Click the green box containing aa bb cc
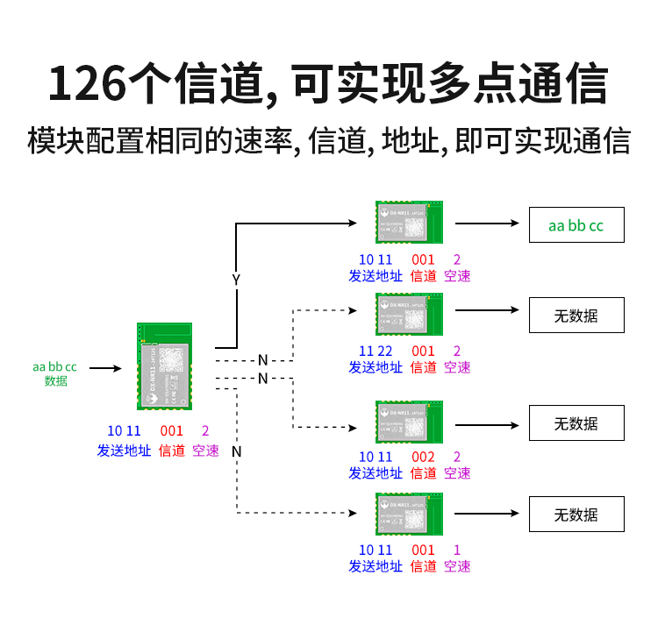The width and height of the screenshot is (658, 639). [576, 225]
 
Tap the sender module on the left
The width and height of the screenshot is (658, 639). [164, 366]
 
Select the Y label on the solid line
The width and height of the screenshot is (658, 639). [235, 280]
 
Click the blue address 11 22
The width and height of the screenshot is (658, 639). [375, 351]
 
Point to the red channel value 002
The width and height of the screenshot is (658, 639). [423, 457]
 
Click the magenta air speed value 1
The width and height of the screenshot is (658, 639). [457, 550]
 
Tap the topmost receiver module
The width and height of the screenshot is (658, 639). [409, 222]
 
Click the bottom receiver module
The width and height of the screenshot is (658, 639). [409, 515]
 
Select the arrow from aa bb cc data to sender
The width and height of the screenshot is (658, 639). [105, 368]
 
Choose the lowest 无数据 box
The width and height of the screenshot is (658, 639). [576, 515]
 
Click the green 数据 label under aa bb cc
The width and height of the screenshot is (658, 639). [55, 380]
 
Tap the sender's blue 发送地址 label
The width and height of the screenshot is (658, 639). [123, 451]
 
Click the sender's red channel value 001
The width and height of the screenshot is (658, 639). [171, 431]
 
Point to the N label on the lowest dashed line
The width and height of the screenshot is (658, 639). [236, 451]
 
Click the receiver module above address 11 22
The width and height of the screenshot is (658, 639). [409, 314]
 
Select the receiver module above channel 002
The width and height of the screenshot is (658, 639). [409, 422]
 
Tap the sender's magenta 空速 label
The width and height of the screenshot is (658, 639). [205, 451]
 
